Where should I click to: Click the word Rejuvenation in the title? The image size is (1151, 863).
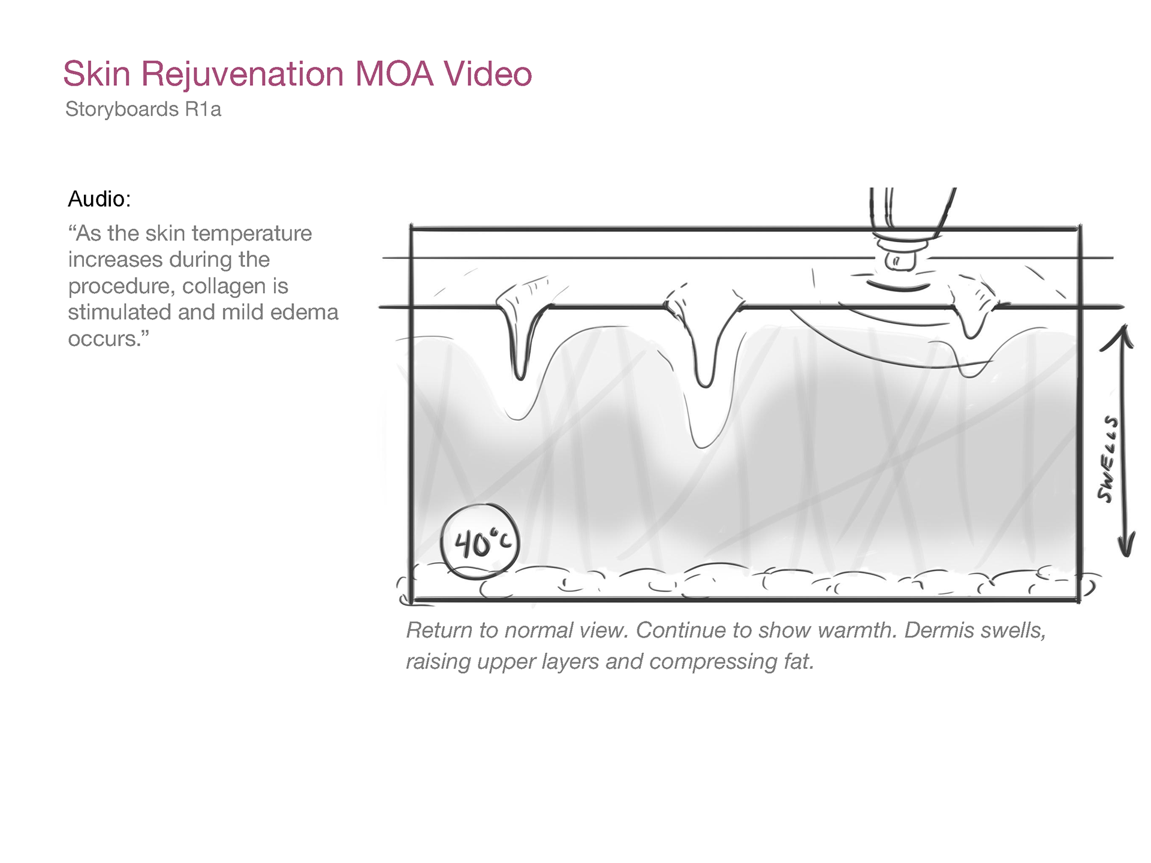pyautogui.click(x=242, y=74)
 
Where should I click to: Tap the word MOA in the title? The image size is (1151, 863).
pyautogui.click(x=394, y=74)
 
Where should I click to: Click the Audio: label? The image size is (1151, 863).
pyautogui.click(x=99, y=199)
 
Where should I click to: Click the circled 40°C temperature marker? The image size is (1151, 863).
pyautogui.click(x=479, y=542)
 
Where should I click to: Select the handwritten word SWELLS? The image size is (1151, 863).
pyautogui.click(x=1108, y=459)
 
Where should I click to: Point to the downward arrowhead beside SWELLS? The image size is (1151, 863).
pyautogui.click(x=1126, y=547)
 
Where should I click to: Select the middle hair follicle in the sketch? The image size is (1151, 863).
pyautogui.click(x=704, y=342)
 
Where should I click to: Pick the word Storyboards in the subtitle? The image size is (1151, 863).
pyautogui.click(x=122, y=110)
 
